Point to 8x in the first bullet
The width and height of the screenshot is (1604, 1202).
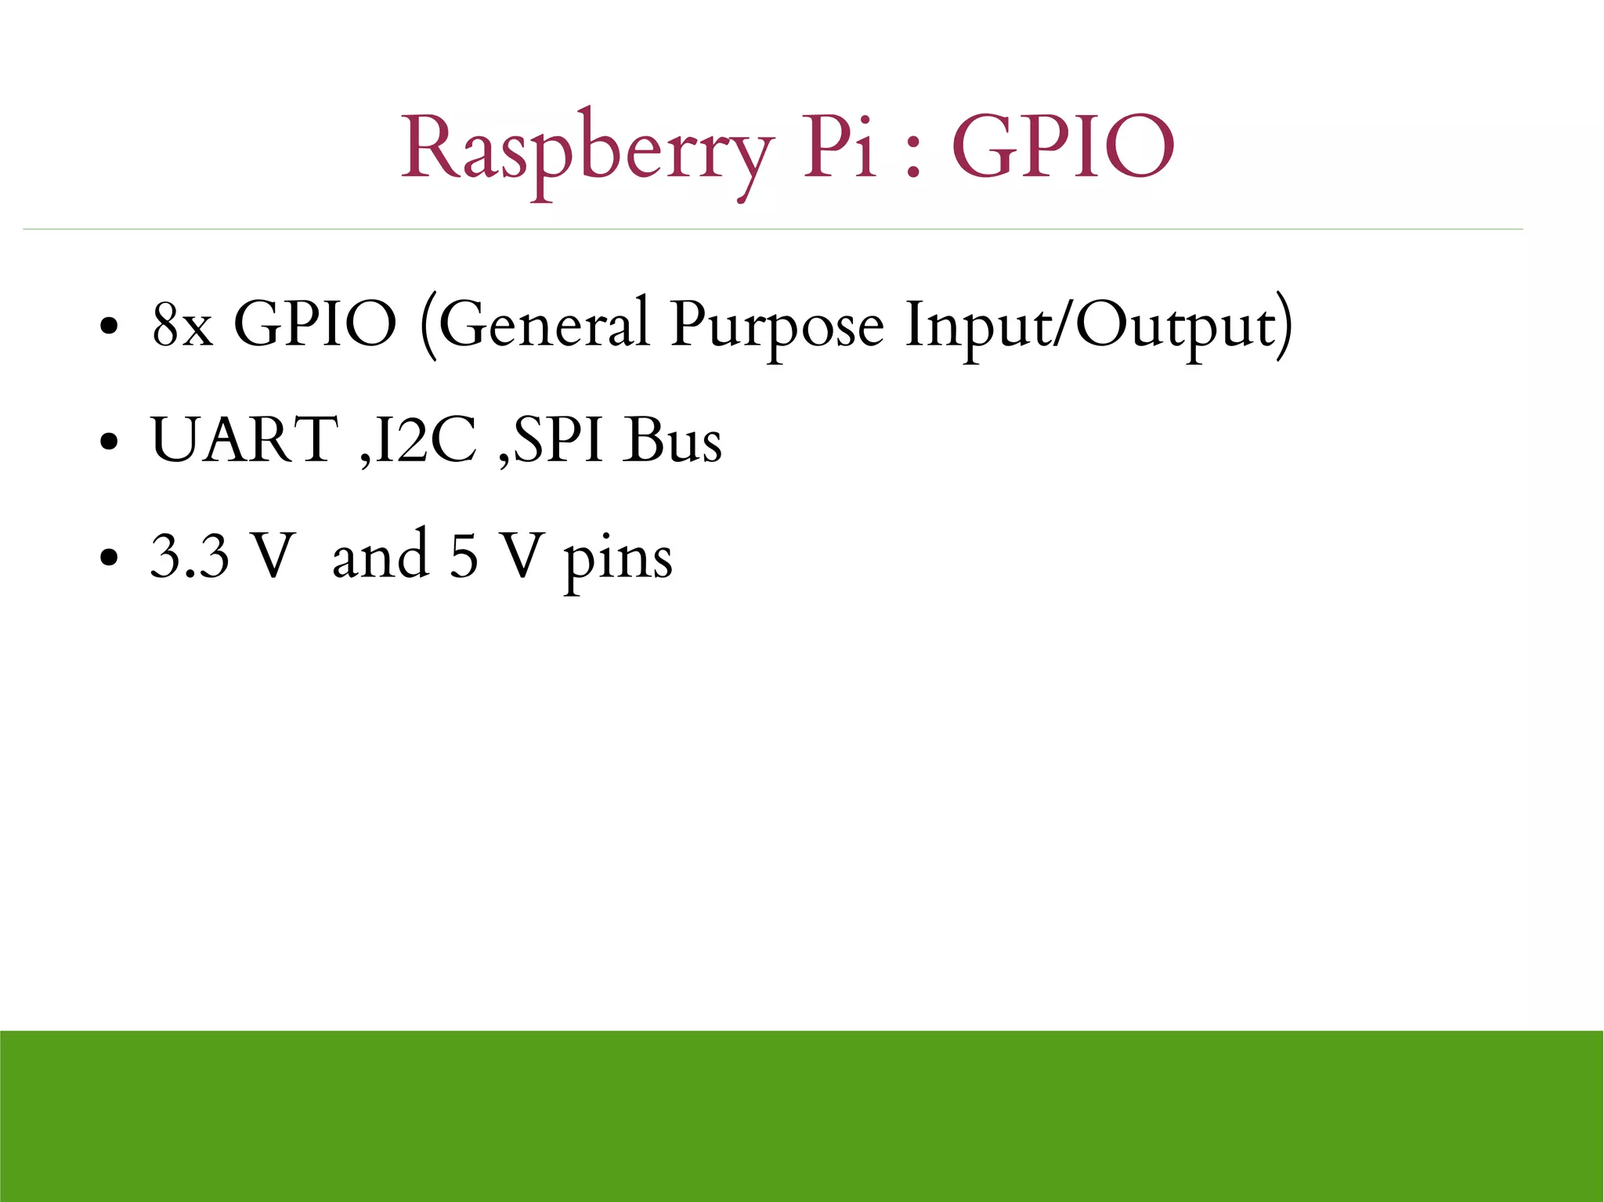pos(182,326)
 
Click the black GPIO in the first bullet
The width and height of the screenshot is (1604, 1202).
pos(316,324)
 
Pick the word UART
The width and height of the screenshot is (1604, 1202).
pos(244,440)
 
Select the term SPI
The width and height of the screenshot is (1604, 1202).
pos(558,440)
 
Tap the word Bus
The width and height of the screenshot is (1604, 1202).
pos(673,440)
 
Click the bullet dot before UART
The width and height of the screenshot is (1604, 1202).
pos(110,442)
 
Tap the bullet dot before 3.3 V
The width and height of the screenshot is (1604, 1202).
pos(110,558)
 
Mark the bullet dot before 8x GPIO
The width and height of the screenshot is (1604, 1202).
pos(110,326)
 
